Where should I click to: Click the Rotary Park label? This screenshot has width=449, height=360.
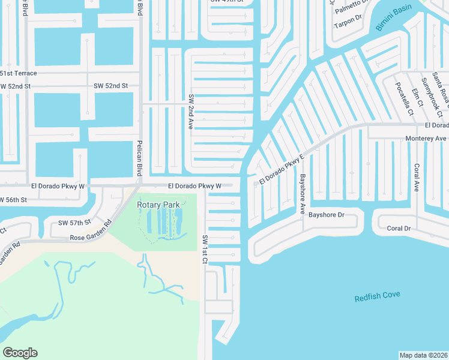(x=158, y=205)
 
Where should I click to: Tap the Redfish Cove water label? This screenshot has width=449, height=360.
(x=377, y=296)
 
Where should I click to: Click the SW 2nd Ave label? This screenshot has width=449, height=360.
(x=191, y=109)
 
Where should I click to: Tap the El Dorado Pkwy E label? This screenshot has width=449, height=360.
(x=282, y=169)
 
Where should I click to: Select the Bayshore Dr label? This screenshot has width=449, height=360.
(x=327, y=214)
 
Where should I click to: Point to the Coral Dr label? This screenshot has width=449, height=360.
(x=399, y=228)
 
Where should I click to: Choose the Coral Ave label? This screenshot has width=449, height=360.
(x=415, y=178)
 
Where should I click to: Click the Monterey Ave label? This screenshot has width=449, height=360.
(x=426, y=138)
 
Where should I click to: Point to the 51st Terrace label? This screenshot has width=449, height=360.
(x=18, y=73)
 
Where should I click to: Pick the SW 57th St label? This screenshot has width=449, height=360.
(x=74, y=223)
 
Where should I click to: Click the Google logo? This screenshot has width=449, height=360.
(x=20, y=353)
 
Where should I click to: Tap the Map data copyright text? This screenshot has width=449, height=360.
(x=423, y=355)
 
